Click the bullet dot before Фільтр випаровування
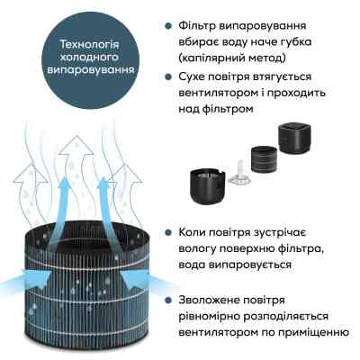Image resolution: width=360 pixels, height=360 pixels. (x=170, y=28)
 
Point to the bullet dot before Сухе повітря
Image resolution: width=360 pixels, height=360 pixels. (x=170, y=78)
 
